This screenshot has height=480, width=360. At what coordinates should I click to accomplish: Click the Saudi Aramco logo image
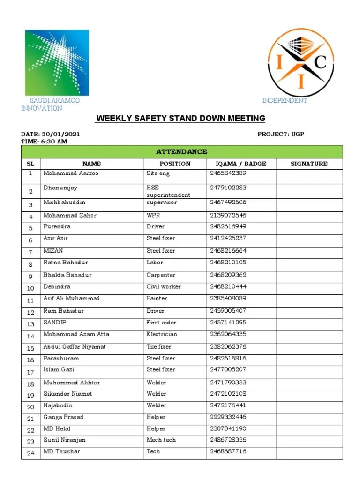pos(57,62)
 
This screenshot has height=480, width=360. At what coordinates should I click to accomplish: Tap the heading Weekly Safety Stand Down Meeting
pos(180,118)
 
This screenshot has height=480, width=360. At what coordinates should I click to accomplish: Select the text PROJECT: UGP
pos(281,134)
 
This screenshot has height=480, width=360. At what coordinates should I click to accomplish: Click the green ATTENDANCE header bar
pos(182,152)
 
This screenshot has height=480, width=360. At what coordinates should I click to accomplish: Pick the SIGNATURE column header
pos(309,164)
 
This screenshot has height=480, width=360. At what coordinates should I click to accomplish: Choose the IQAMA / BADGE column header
pos(241,164)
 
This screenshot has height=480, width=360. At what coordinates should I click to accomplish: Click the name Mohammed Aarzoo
pos(71,173)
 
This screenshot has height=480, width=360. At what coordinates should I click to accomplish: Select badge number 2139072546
pos(228,216)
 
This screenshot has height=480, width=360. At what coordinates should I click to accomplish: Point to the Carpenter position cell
pos(161,275)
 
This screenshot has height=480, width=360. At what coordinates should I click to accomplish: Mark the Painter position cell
pos(157,299)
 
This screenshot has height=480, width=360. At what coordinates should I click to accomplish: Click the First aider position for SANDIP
pos(161,322)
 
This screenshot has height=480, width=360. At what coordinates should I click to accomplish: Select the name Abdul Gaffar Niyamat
pos(75,347)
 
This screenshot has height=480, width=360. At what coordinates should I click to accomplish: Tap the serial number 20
pos(30,407)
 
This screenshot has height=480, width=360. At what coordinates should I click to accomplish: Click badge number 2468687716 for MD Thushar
pos(228,451)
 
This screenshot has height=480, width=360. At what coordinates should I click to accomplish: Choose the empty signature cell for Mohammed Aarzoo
pos(309,176)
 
